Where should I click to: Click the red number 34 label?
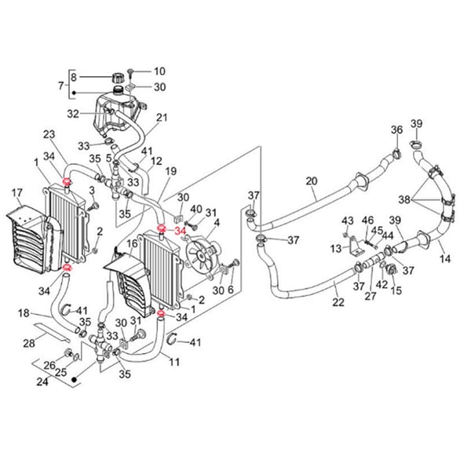click(180, 232)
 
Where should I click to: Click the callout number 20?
click(312, 181)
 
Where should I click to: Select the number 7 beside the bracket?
click(60, 85)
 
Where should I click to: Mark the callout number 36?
click(396, 130)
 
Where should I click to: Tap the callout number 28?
click(29, 344)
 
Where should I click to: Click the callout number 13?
click(337, 248)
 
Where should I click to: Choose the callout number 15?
click(396, 290)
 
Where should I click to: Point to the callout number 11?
click(174, 363)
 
